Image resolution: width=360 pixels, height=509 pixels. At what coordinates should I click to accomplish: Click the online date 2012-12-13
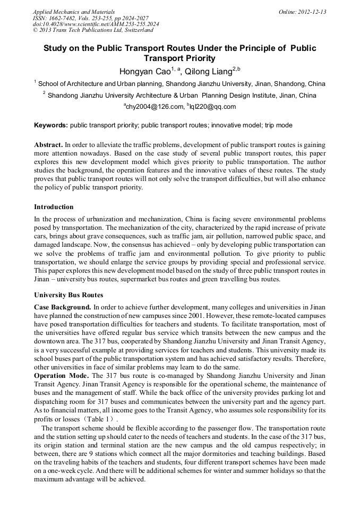coord(313,12)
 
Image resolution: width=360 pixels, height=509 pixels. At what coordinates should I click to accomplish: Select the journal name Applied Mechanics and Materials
coord(74,12)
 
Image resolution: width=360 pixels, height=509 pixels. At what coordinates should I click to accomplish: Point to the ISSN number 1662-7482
coord(64,18)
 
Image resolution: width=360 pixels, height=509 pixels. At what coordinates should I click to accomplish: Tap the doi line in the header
coord(96,24)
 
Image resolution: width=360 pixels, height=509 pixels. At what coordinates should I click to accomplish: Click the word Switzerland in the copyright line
coord(138,30)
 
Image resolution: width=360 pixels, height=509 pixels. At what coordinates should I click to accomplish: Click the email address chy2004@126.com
coord(155,107)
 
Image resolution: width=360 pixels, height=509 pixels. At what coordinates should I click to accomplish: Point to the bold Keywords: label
coord(51,125)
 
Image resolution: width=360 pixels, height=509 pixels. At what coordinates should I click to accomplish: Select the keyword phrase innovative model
coord(236,125)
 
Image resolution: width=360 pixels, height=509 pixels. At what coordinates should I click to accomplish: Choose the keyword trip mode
coord(279,125)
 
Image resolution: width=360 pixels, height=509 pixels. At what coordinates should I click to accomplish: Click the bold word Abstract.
coord(48,145)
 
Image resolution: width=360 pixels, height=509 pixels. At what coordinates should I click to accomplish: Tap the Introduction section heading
coord(54,206)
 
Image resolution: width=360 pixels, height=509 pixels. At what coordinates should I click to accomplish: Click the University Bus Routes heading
coord(68,295)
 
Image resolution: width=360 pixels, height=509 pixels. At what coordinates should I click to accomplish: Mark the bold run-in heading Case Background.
coord(63,307)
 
